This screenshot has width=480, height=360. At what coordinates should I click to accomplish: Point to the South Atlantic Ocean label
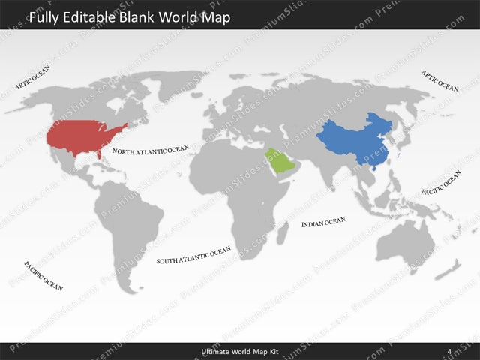pos(193,256)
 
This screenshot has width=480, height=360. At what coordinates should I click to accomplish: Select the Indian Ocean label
pos(323,222)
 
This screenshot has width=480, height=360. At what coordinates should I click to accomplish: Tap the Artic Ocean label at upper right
pos(439,81)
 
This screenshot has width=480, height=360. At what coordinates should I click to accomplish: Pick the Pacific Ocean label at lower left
pos(43,275)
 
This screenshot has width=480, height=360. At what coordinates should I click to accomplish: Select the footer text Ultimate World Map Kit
pos(239,351)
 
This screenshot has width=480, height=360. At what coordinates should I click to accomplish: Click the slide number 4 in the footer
pos(448,351)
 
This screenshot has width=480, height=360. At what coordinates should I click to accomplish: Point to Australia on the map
pos(405,240)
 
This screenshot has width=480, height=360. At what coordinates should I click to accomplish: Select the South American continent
pos(135,225)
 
